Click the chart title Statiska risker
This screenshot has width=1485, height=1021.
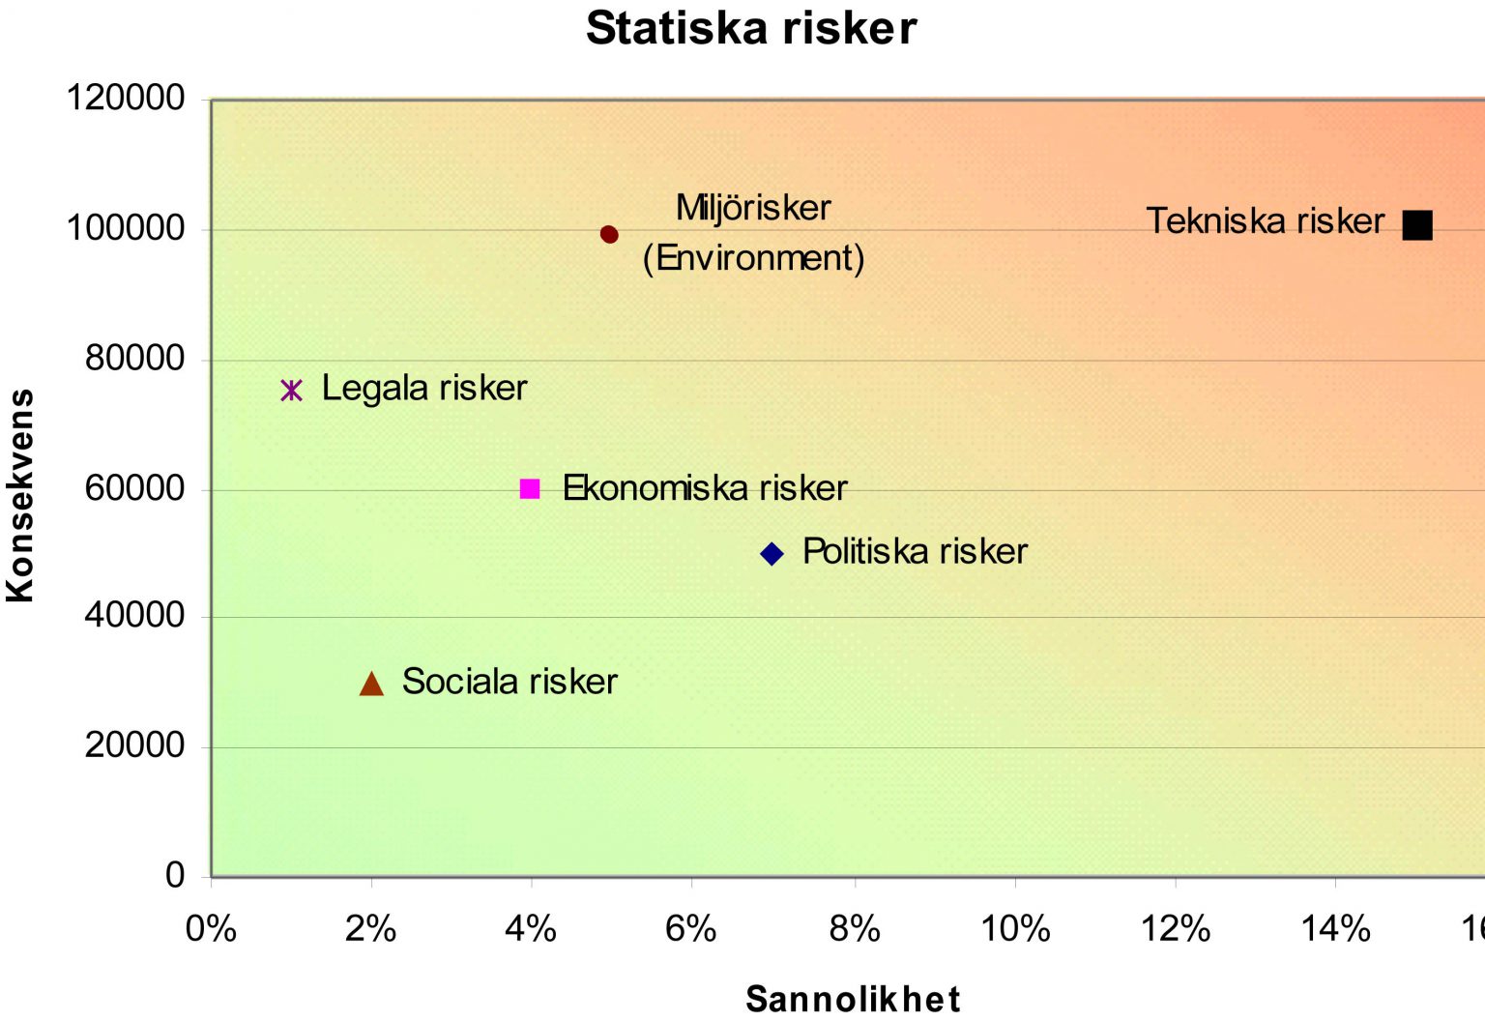click(x=751, y=28)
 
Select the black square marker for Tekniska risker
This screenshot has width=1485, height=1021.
click(x=1417, y=225)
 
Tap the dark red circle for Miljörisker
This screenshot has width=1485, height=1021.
click(x=609, y=234)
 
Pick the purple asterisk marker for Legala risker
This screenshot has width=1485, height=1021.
click(x=291, y=390)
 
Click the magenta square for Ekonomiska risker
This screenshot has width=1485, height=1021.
click(x=530, y=488)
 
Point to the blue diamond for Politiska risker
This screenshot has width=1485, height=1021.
click(x=772, y=554)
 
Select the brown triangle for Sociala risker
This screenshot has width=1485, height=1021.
click(x=371, y=685)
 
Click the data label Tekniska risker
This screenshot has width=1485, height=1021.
click(x=1265, y=221)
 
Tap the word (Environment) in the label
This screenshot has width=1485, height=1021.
click(x=753, y=258)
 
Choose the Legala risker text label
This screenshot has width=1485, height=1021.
click(x=424, y=389)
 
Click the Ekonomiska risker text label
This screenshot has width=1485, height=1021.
click(x=705, y=488)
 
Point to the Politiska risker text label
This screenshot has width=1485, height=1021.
click(x=915, y=552)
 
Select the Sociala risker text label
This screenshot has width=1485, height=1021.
click(x=510, y=682)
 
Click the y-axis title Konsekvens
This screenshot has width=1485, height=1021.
click(x=20, y=496)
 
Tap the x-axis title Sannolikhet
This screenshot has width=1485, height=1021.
click(x=853, y=999)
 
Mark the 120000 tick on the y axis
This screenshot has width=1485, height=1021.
click(x=126, y=98)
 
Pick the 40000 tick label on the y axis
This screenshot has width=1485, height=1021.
click(x=134, y=615)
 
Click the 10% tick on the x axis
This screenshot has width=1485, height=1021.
click(x=1015, y=929)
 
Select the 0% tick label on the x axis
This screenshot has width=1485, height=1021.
click(x=211, y=929)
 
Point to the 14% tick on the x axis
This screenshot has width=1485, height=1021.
click(x=1335, y=929)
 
